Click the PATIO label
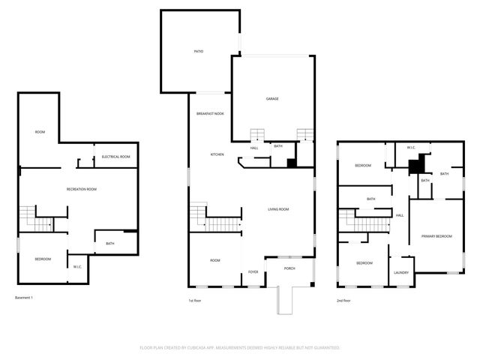click(x=199, y=51)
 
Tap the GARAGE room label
click(x=272, y=98)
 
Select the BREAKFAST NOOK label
click(x=210, y=113)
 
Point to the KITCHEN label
click(x=217, y=154)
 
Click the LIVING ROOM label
click(x=279, y=209)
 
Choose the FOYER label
click(x=253, y=271)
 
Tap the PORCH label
click(x=289, y=268)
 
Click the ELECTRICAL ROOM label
click(x=116, y=156)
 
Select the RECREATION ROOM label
click(x=82, y=189)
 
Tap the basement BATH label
click(x=110, y=243)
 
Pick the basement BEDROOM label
click(x=43, y=259)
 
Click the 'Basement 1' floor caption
click(x=25, y=298)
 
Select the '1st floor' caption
click(x=195, y=301)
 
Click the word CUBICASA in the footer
click(x=198, y=348)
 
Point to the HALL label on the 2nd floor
click(x=400, y=215)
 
